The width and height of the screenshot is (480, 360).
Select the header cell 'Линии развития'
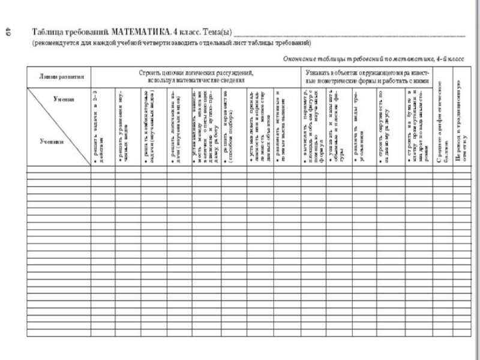click(58, 77)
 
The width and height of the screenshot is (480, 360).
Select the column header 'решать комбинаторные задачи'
click(150, 127)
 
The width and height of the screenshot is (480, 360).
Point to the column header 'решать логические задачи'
click(175, 127)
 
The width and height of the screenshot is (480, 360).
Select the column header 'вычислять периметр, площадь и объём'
click(313, 127)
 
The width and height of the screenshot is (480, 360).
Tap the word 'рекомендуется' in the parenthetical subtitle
click(55, 44)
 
